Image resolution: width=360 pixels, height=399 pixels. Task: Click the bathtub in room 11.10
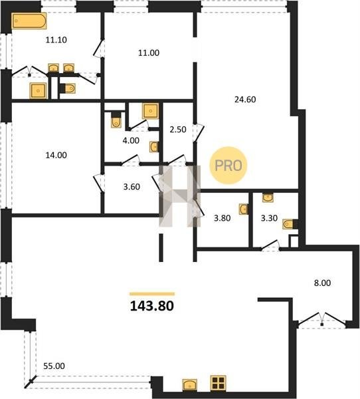29,21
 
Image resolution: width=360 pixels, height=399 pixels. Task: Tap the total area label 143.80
152,306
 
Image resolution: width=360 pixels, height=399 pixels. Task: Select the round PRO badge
228,166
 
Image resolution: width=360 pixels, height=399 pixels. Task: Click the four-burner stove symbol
218,383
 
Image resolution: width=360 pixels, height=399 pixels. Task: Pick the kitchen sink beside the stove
190,385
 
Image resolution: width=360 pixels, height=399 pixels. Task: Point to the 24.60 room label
245,100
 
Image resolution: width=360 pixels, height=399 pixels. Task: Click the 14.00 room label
56,155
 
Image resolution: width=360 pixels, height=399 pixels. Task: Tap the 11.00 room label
149,53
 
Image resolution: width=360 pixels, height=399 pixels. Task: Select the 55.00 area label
54,366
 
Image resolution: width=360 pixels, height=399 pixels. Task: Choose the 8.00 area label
322,283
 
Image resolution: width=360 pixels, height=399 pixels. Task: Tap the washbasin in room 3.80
244,209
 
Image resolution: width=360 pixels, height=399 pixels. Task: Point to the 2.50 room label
178,130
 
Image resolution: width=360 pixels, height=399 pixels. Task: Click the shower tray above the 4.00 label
151,111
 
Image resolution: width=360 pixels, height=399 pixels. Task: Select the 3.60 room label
132,187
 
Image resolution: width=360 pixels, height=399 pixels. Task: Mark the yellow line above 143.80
152,294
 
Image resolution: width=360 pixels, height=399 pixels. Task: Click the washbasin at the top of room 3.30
268,198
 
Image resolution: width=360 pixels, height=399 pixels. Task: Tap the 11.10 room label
56,40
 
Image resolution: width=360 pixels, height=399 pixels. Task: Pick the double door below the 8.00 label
322,320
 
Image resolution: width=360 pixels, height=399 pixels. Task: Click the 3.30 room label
269,218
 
